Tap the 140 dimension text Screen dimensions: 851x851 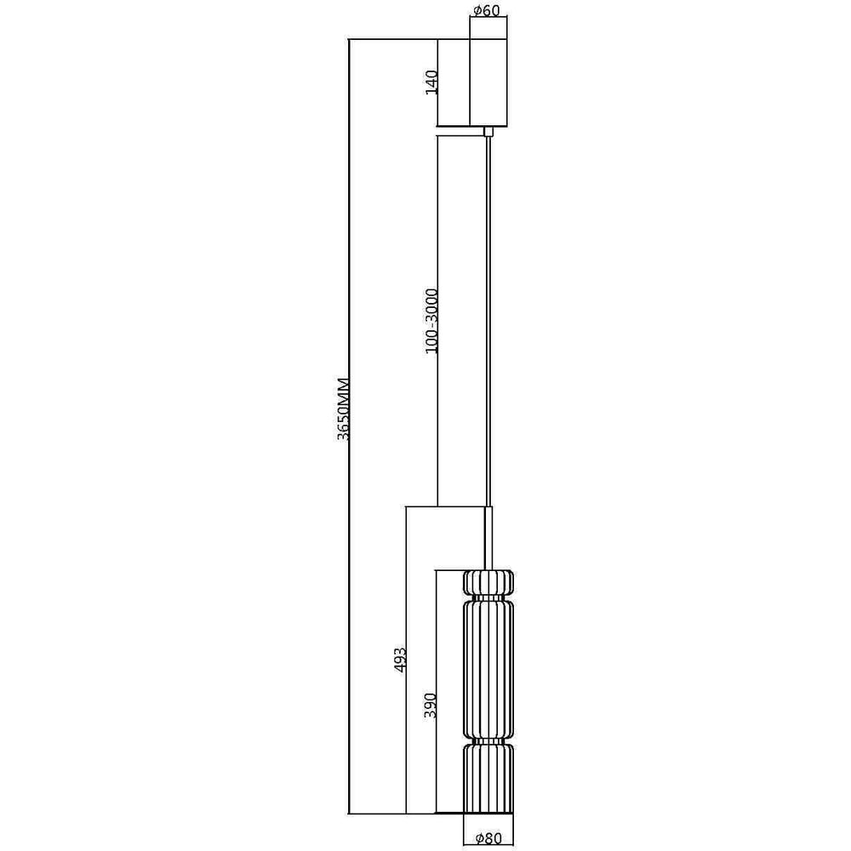pyautogui.click(x=431, y=83)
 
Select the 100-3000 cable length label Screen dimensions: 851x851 pyautogui.click(x=431, y=322)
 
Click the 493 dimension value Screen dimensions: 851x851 pyautogui.click(x=400, y=659)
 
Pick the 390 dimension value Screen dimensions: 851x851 pyautogui.click(x=430, y=705)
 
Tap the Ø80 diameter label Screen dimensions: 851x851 pyautogui.click(x=488, y=838)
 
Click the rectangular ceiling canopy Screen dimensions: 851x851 pyautogui.click(x=488, y=83)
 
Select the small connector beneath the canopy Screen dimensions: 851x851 pyautogui.click(x=488, y=131)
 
